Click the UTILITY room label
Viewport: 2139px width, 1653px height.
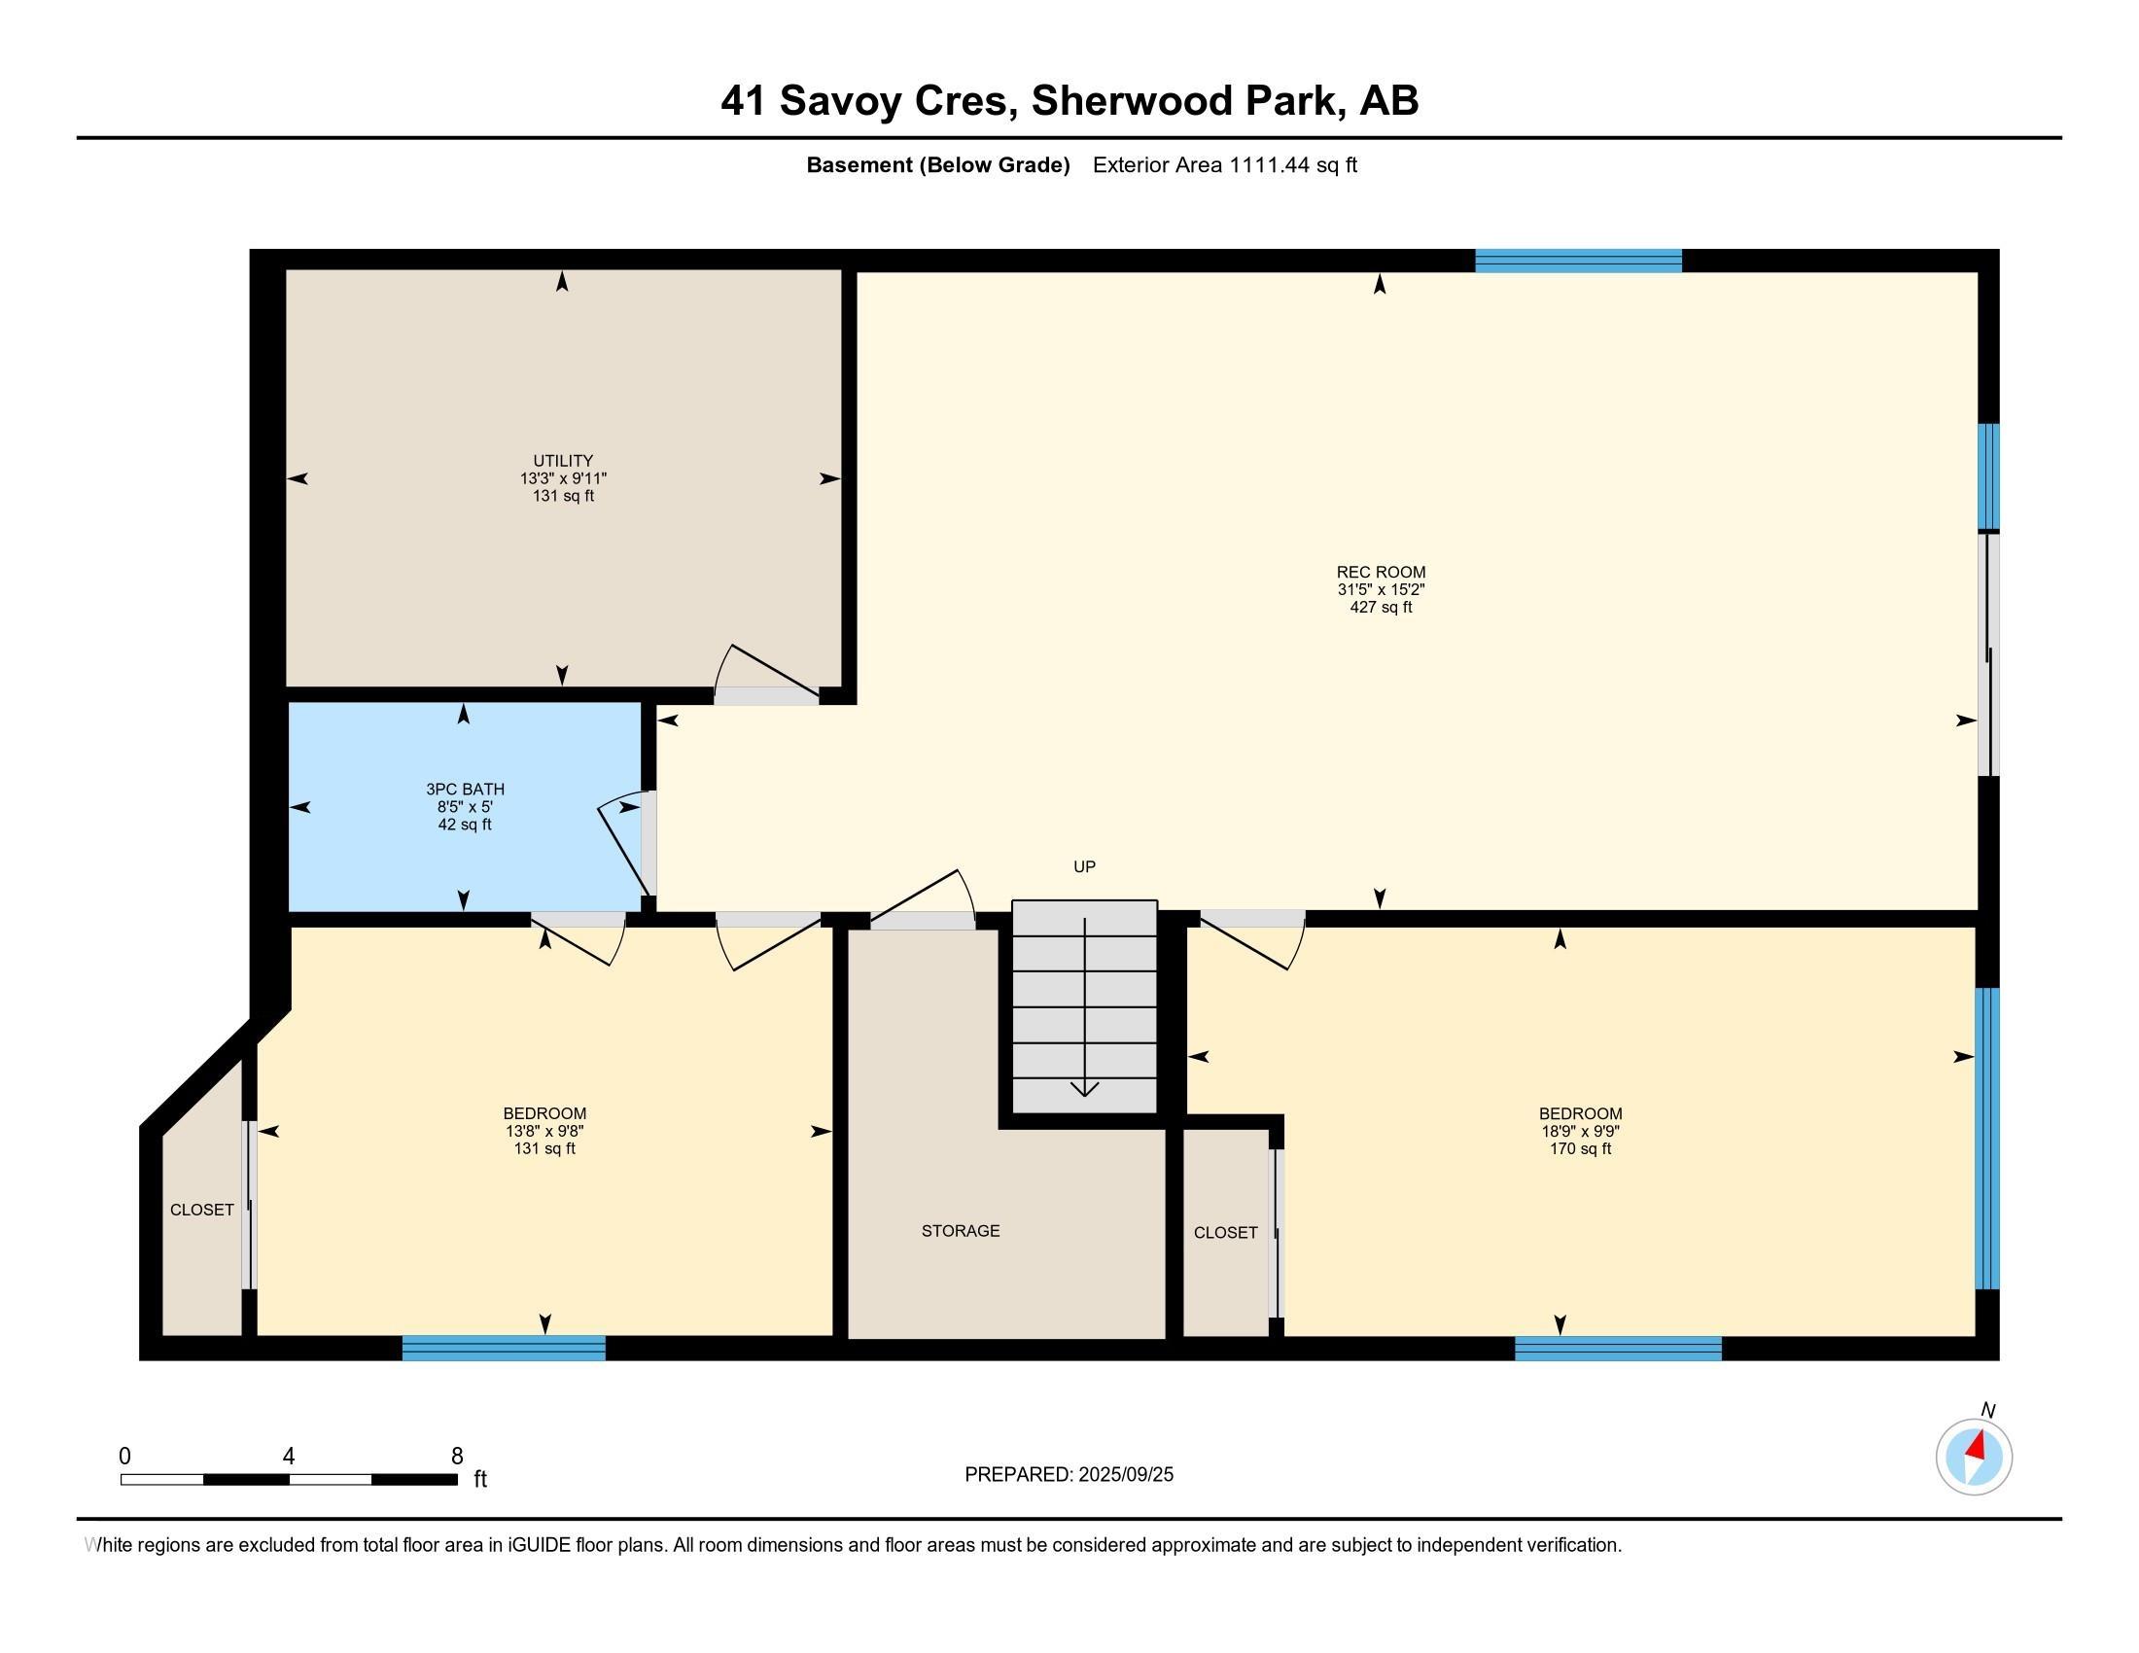(x=563, y=460)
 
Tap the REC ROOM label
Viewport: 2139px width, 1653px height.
(x=1381, y=572)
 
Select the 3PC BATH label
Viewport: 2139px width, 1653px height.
(x=465, y=789)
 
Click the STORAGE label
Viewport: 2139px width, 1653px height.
(x=961, y=1231)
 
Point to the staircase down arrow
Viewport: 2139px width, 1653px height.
(x=1084, y=1006)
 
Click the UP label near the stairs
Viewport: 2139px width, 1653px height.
(x=1084, y=866)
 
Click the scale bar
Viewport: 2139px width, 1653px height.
(x=289, y=1479)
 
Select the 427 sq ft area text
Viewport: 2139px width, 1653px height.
(x=1381, y=607)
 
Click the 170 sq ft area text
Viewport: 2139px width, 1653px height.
(x=1580, y=1148)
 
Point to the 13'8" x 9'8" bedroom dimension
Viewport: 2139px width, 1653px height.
(x=544, y=1131)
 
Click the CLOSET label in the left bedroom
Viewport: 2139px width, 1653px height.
(x=202, y=1211)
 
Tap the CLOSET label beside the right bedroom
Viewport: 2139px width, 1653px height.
(x=1225, y=1233)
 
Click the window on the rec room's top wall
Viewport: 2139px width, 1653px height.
(x=1579, y=261)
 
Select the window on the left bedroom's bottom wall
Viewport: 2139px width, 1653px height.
(x=504, y=1348)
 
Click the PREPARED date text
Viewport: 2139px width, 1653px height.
(x=1069, y=1475)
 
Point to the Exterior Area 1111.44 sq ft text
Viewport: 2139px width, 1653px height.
(x=1224, y=165)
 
